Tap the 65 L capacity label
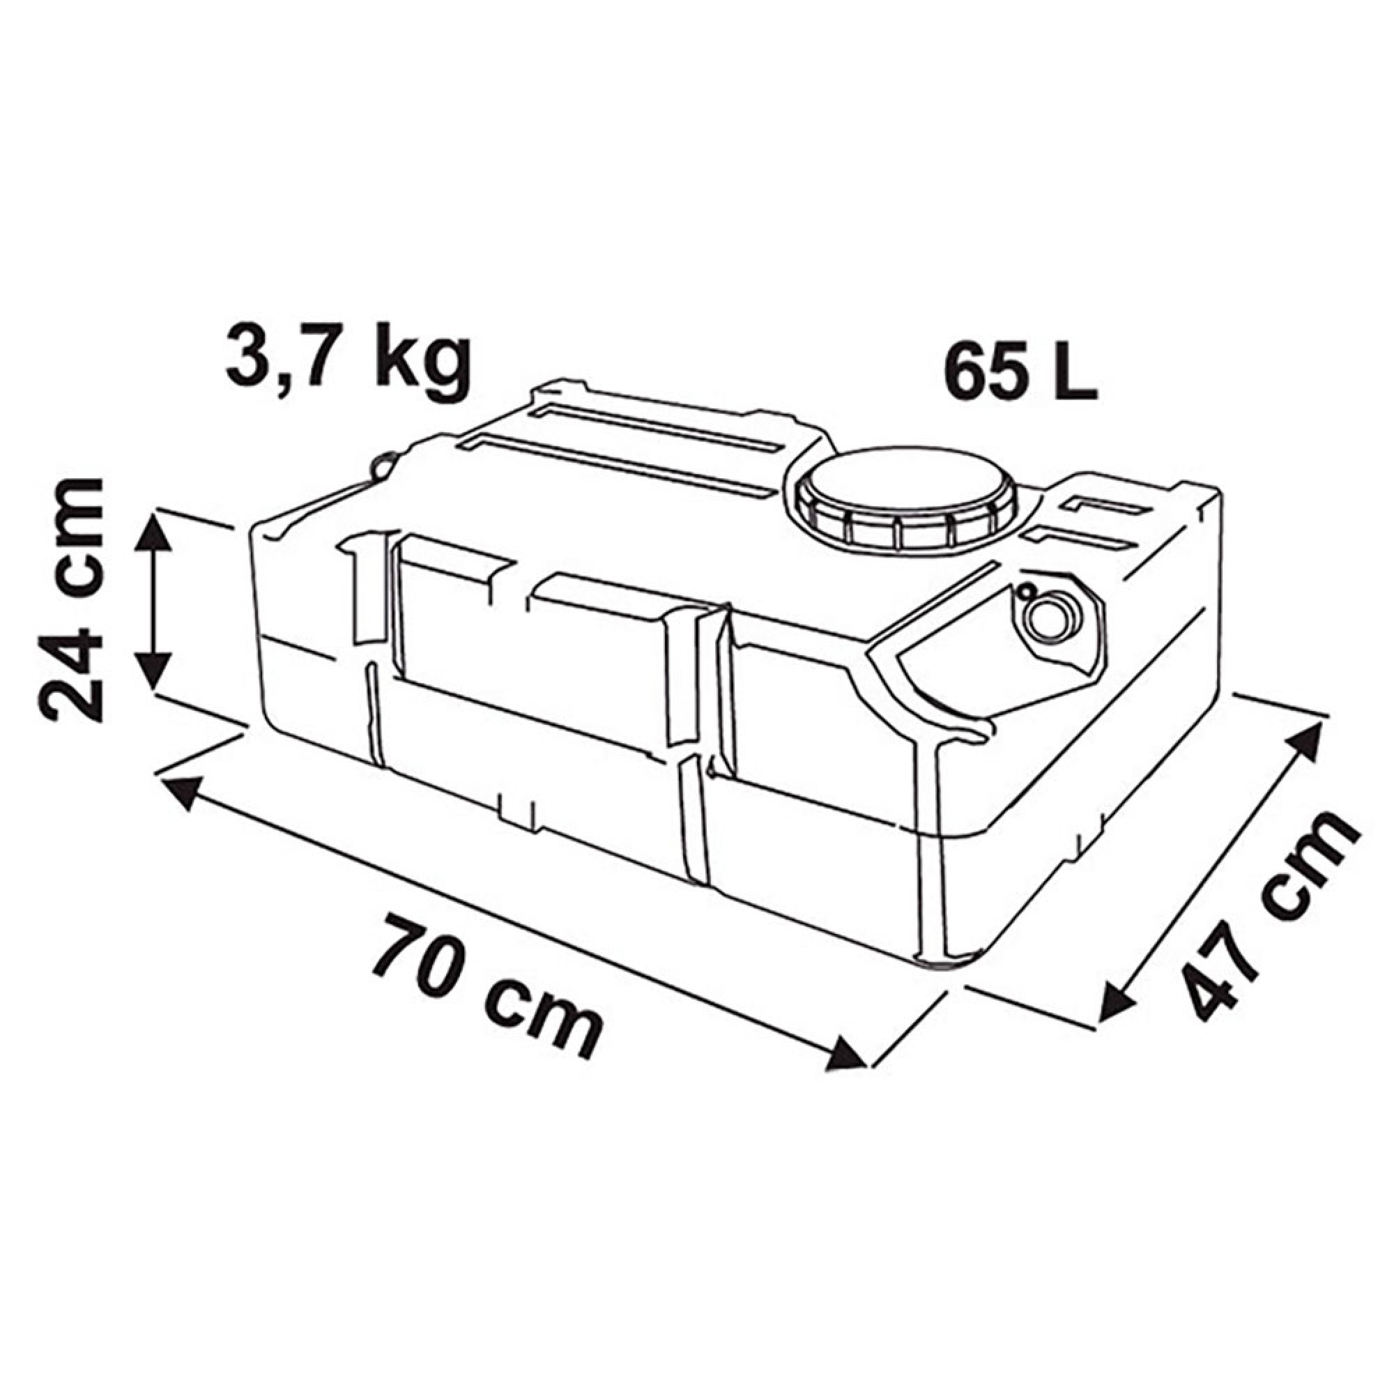point(1021,372)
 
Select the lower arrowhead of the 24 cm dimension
point(152,671)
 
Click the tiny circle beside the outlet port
point(1025,592)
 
